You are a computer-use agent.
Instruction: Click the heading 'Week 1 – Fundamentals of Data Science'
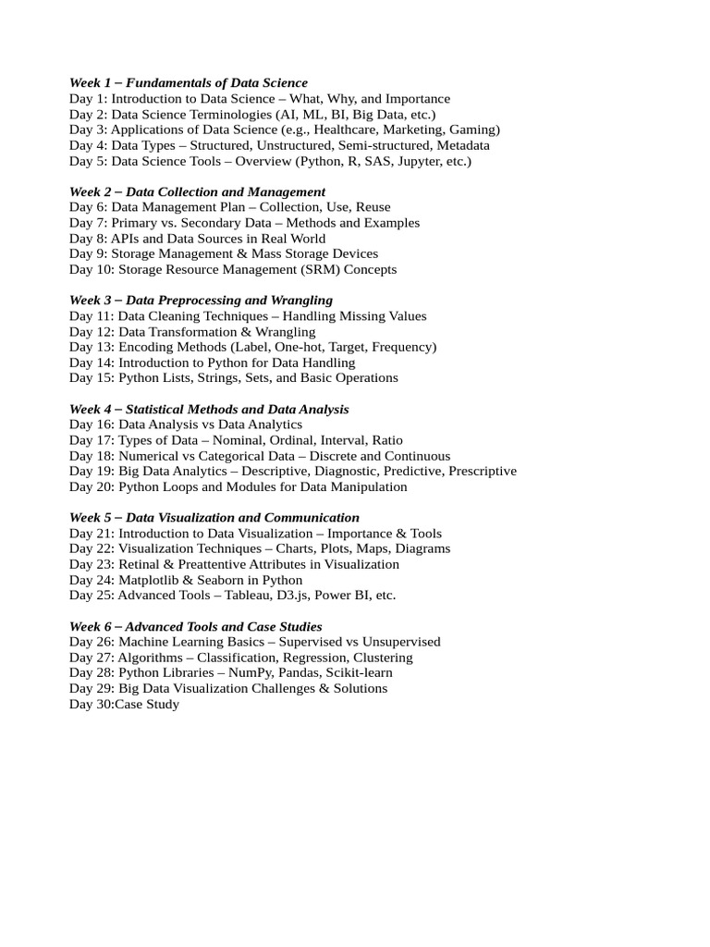tap(189, 83)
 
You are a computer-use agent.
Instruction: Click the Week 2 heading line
tap(197, 191)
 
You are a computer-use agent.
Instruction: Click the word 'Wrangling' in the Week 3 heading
tap(301, 301)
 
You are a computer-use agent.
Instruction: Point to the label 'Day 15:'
tap(92, 378)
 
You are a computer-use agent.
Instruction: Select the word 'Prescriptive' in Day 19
tap(482, 471)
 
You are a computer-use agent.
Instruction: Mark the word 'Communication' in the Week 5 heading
tap(315, 518)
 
